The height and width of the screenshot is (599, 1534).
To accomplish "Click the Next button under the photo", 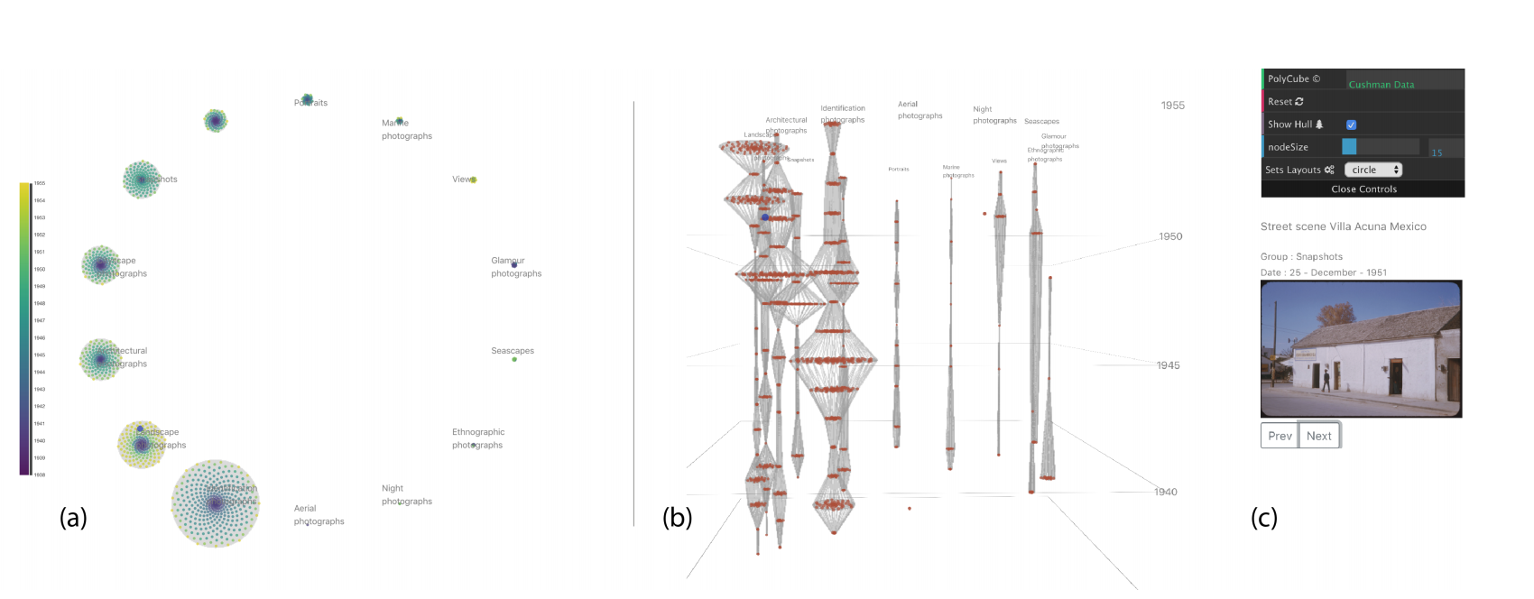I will [1318, 436].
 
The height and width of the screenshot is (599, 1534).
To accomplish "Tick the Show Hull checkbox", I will [1351, 124].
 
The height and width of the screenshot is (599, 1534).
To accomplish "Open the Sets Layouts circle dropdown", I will [1372, 170].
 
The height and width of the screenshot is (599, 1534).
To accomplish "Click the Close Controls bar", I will [1363, 189].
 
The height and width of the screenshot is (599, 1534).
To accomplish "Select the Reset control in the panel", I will [1285, 102].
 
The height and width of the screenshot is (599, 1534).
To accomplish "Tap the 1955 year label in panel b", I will [1172, 106].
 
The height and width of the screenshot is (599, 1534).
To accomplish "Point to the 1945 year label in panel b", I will [1168, 365].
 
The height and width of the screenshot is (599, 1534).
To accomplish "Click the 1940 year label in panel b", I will [1165, 492].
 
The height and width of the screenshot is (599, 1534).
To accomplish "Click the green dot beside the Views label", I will [473, 180].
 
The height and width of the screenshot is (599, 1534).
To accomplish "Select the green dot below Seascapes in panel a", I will [514, 359].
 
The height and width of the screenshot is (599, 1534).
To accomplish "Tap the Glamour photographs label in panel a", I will [516, 267].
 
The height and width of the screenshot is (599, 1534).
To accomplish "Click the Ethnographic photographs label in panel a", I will [478, 438].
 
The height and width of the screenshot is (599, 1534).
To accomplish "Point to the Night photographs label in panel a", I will [406, 494].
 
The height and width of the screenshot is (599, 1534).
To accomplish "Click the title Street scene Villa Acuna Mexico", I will [1343, 226].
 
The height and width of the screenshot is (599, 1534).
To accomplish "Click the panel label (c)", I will [1263, 517].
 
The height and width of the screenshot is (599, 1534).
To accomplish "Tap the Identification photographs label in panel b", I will [843, 114].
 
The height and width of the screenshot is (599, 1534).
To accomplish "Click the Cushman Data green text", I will [1381, 85].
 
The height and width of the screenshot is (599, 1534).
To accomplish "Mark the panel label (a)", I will [73, 517].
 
